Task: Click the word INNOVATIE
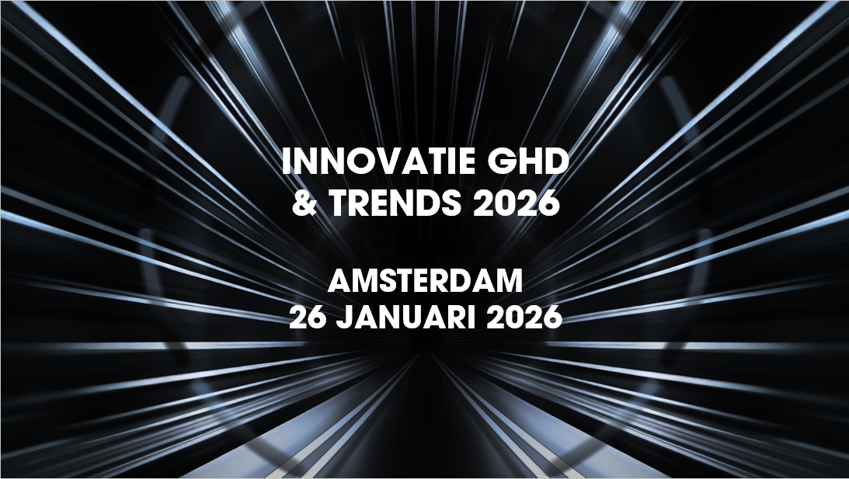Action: pos(379,161)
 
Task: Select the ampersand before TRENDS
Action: pos(304,203)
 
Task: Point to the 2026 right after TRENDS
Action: pos(517,203)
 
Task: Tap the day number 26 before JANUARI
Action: pos(308,318)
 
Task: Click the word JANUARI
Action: pos(406,318)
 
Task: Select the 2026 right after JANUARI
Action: pos(524,318)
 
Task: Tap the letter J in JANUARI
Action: pos(344,318)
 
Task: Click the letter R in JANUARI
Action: pos(458,318)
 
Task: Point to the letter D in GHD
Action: pos(558,161)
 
